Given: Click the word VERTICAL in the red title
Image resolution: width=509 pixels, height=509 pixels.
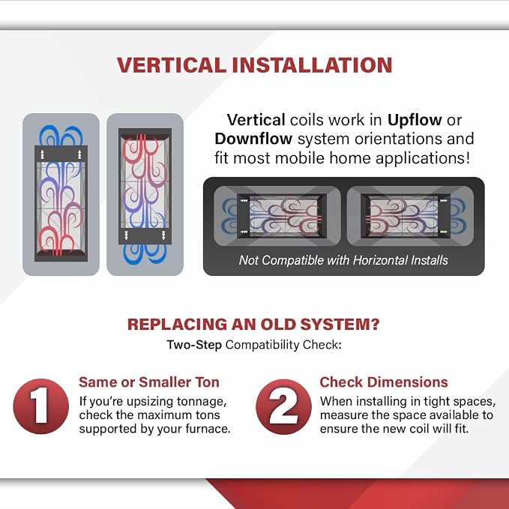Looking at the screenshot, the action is click(x=172, y=65).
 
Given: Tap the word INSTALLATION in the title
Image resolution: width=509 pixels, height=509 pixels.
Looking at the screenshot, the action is click(x=313, y=65).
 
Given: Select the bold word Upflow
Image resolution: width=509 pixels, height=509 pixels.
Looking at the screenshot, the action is click(x=415, y=121).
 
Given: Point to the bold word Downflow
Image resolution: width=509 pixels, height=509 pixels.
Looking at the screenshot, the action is click(x=253, y=139).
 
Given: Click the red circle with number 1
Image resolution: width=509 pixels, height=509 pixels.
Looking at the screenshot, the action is click(x=41, y=406).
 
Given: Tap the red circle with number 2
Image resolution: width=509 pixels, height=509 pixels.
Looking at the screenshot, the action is click(x=283, y=406).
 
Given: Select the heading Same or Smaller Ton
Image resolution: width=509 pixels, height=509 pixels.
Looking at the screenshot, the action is click(x=149, y=382).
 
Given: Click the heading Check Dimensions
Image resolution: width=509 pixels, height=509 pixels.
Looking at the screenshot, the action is click(x=384, y=382).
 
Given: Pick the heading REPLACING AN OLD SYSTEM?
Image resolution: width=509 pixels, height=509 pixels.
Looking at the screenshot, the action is click(x=253, y=325).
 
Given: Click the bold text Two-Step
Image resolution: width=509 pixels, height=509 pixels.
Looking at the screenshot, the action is click(x=194, y=344).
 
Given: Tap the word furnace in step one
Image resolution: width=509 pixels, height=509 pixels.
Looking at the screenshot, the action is click(x=208, y=429).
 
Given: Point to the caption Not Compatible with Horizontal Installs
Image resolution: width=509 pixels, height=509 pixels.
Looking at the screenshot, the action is click(x=343, y=260).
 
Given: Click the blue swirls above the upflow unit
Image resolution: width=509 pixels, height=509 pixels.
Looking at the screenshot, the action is click(x=61, y=136).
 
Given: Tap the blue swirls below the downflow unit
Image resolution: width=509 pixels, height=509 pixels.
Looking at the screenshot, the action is click(x=145, y=254).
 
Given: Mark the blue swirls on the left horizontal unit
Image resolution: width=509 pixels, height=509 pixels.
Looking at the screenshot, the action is click(x=229, y=216).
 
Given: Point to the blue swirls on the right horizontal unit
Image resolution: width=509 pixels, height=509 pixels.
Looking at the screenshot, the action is click(x=458, y=216).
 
